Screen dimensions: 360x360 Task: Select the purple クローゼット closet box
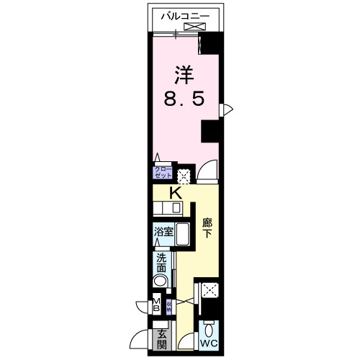162,173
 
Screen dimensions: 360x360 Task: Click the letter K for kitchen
174,193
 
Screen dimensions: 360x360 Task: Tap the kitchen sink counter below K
167,208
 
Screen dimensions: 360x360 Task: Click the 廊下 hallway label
207,228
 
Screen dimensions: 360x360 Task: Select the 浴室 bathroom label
163,232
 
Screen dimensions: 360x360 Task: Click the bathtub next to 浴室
183,235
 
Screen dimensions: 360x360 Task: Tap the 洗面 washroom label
161,263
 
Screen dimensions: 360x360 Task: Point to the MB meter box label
156,305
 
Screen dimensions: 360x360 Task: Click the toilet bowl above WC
209,329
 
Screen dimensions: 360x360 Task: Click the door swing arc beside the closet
207,171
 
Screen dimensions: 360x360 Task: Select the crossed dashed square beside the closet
184,175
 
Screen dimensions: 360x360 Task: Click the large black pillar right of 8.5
211,132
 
